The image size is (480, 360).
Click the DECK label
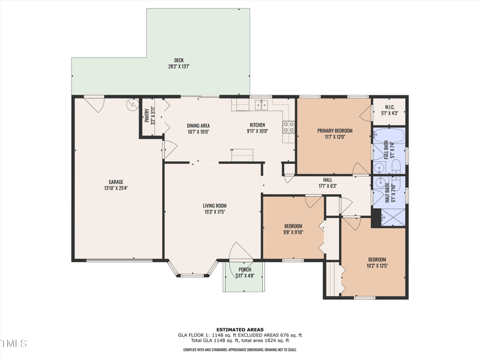coord(179,60)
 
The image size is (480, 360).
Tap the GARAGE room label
coord(116,182)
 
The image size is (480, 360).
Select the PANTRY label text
coord(146,115)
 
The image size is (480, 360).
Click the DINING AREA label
coord(198,125)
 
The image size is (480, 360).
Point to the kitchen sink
coord(261,106)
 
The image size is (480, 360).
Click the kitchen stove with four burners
coord(289,127)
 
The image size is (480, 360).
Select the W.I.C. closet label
coord(389,107)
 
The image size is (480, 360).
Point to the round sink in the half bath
coord(379,185)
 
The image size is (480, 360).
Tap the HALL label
coord(328,179)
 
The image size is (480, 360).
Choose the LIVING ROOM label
coord(214,206)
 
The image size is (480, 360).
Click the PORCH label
coord(245,269)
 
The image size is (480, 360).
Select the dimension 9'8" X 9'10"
coord(293,232)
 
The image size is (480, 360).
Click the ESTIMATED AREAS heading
coord(239,329)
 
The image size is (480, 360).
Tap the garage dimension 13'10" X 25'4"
coord(116,188)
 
